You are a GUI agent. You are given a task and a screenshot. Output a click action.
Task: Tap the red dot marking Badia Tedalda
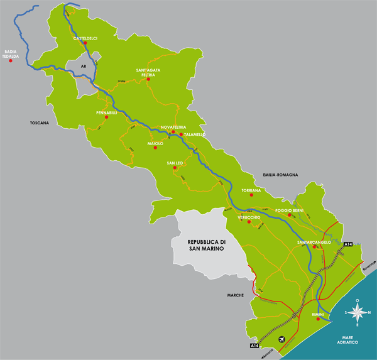(x=11, y=61)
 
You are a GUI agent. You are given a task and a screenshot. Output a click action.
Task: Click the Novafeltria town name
(x=173, y=126)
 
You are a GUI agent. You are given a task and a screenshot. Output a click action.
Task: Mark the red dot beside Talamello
(x=181, y=134)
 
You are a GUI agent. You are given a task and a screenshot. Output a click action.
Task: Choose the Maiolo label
(x=155, y=143)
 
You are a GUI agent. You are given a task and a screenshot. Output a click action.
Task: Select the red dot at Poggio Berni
(x=289, y=215)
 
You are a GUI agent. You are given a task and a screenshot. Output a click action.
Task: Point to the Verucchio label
(x=249, y=217)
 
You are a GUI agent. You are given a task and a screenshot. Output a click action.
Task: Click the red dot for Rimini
(x=319, y=319)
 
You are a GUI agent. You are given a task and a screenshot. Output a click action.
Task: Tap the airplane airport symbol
(x=280, y=340)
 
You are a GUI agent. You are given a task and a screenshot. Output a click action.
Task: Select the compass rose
(x=358, y=312)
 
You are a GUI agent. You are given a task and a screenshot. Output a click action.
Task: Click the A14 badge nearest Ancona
(x=254, y=346)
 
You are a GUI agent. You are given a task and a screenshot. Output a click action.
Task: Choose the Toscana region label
(x=39, y=123)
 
